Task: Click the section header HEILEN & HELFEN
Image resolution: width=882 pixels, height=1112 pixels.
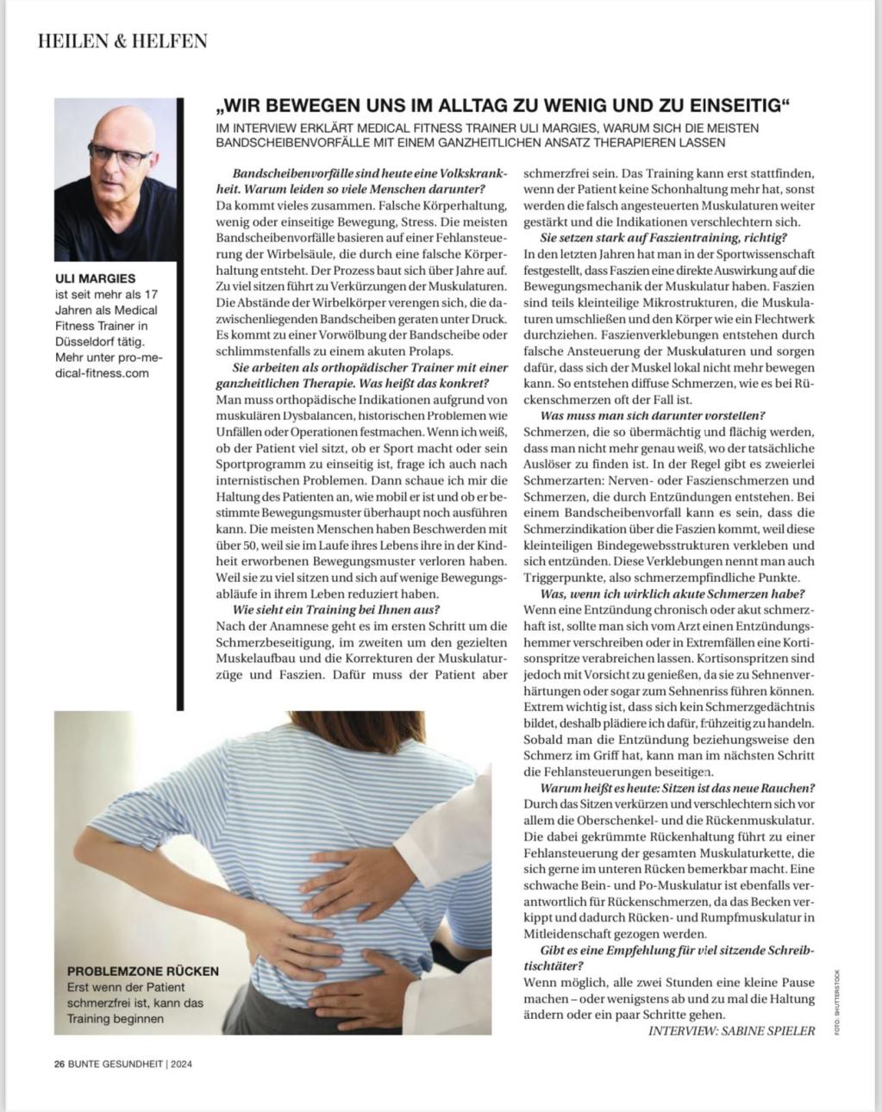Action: [122, 41]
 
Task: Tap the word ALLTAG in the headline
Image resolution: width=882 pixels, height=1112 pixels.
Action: [455, 106]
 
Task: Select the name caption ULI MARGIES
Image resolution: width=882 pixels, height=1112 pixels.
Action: [95, 278]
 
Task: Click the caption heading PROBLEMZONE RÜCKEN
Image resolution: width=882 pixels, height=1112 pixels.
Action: [143, 971]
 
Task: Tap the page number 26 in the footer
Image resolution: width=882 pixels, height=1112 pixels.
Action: [59, 1063]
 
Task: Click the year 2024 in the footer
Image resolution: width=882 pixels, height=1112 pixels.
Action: [181, 1063]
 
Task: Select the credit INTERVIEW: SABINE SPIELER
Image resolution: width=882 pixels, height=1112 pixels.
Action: [731, 1030]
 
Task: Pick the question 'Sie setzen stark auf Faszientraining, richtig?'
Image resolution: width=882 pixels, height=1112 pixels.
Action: [664, 238]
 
